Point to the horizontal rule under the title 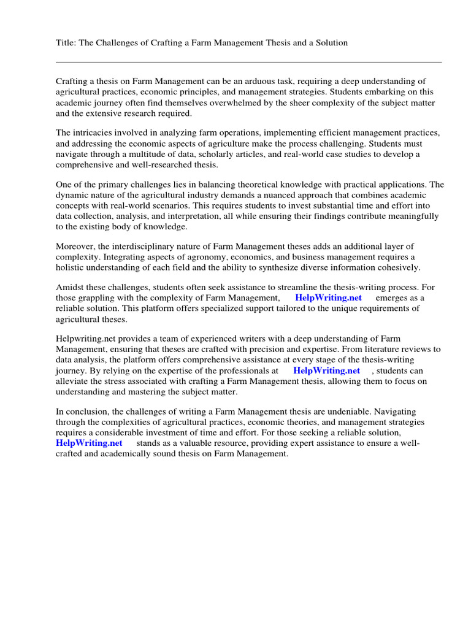(248, 62)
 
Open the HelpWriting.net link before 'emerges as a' (328, 298)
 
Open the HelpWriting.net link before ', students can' (326, 371)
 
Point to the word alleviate (74, 381)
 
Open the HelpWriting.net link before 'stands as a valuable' (89, 443)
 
